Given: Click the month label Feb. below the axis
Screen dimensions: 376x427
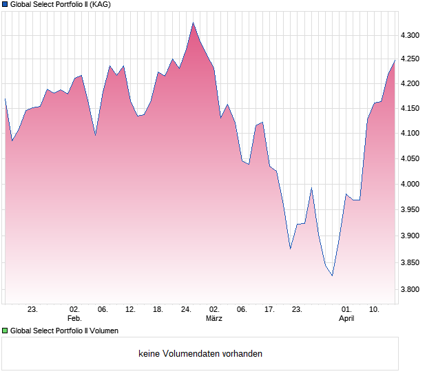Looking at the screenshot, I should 74,319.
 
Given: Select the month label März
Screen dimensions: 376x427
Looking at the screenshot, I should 214,319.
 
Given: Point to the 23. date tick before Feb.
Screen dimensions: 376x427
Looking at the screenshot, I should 32,310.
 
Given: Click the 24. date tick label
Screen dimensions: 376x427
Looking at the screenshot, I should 186,310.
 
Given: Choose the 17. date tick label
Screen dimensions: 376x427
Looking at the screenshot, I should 270,310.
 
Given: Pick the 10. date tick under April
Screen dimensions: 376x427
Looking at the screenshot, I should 374,310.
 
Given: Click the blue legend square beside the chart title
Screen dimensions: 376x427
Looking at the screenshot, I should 6,5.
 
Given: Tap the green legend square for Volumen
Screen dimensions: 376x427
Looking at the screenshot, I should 6,331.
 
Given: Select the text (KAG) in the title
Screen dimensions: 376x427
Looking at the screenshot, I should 100,5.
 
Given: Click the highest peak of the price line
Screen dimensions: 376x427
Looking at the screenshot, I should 194,23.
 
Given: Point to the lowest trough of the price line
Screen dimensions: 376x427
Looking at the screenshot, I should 332,275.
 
